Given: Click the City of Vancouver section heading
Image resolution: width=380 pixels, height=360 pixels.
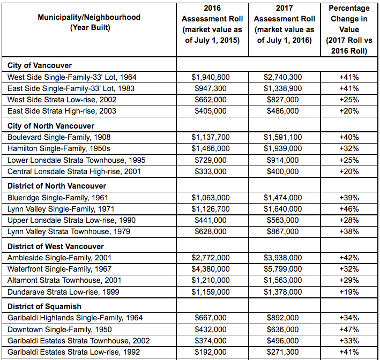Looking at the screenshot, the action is pos(40,65).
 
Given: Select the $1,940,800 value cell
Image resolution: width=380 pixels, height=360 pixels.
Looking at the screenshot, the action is pos(211,77).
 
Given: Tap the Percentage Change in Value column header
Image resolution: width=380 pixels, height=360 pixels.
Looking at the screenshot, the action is pos(349,29).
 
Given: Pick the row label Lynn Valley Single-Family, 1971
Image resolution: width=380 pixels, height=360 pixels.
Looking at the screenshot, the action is pos(61,209).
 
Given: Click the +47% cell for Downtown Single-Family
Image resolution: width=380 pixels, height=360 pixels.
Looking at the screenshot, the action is pos(349,329).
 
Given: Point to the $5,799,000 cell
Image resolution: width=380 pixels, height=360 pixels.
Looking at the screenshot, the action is pos(283,269).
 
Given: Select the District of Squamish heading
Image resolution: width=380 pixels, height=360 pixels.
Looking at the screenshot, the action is pos(44,306).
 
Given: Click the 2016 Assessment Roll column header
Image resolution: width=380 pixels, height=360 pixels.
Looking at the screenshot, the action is pos(212,24).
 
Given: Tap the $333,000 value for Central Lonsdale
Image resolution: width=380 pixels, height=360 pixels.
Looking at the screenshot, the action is pos(211,171).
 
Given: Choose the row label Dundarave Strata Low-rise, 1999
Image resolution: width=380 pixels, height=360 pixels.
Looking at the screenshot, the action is pos(63,292).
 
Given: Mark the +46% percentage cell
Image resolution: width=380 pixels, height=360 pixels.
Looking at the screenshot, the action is pos(349,209).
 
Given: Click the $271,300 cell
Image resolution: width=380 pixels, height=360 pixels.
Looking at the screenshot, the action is pos(283,352).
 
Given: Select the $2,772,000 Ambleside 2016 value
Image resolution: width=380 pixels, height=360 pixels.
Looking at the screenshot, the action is pos(211,258).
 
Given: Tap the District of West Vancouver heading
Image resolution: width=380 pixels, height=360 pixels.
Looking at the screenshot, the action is pos(56,246).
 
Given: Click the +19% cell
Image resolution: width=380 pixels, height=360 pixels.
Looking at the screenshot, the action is pos(349,292).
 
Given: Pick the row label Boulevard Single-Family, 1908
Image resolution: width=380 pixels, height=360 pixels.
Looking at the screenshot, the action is pos(59,137).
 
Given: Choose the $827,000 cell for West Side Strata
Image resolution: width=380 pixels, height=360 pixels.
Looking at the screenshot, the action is pos(283,100).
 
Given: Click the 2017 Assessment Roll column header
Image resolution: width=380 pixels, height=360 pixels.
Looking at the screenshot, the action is pos(284,24).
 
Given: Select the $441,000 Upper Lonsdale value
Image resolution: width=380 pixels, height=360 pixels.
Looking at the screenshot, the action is pos(211,220).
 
